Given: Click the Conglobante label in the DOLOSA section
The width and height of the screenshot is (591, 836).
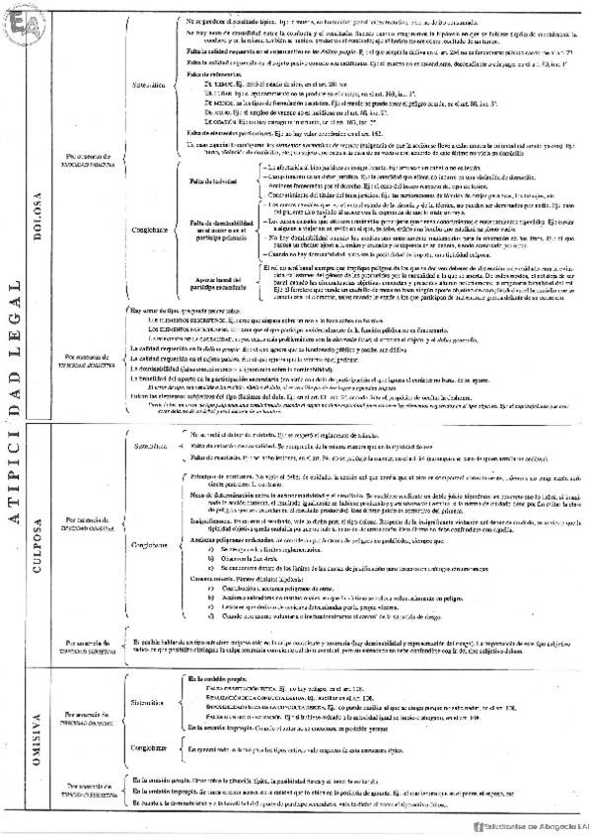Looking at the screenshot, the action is (x=149, y=230).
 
